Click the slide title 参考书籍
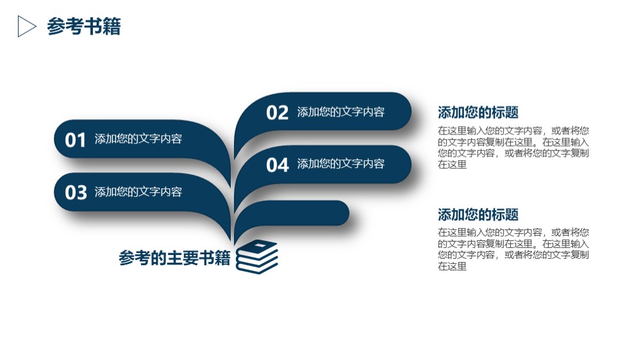pyautogui.click(x=84, y=26)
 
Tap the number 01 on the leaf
pyautogui.click(x=75, y=140)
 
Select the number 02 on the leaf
pyautogui.click(x=277, y=113)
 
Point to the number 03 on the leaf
pyautogui.click(x=76, y=192)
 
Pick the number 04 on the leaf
pyautogui.click(x=278, y=165)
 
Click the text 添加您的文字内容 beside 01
pyautogui.click(x=138, y=139)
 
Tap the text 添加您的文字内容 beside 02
pyautogui.click(x=340, y=112)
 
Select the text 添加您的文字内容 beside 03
pyautogui.click(x=138, y=192)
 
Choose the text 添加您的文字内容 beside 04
pyautogui.click(x=340, y=164)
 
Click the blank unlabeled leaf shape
pyautogui.click(x=303, y=213)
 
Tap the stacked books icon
pyautogui.click(x=257, y=257)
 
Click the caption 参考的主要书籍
pyautogui.click(x=174, y=258)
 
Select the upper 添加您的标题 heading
pyautogui.click(x=478, y=112)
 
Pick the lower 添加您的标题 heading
pyautogui.click(x=478, y=215)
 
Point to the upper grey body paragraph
pyautogui.click(x=513, y=147)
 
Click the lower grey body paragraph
pyautogui.click(x=513, y=249)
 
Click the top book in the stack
pyautogui.click(x=258, y=246)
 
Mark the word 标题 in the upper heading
pyautogui.click(x=505, y=112)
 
